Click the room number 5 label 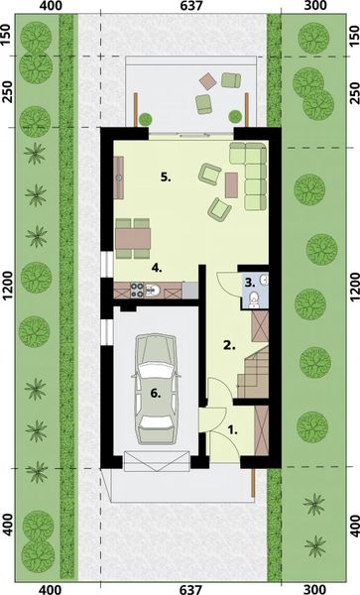(x=167, y=178)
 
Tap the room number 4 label (x=156, y=267)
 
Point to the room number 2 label (x=227, y=345)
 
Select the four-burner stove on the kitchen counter (x=138, y=290)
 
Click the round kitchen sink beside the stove (x=153, y=290)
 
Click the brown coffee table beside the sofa (x=232, y=183)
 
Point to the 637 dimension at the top (x=180, y=7)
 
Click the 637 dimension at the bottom (x=180, y=588)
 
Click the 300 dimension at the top (x=314, y=7)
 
